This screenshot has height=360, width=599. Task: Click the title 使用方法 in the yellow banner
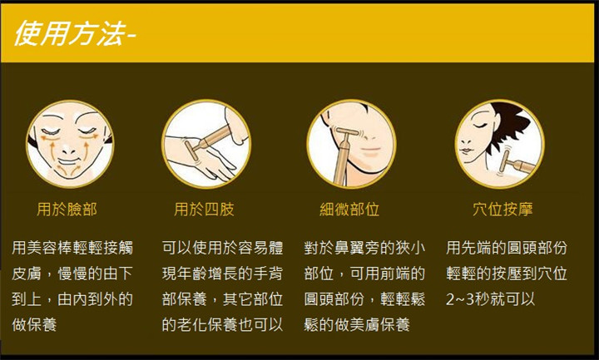pos(70,33)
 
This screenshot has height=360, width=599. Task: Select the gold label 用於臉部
pos(67,210)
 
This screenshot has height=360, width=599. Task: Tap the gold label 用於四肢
pos(204,210)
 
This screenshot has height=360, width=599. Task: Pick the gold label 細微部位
pos(349,210)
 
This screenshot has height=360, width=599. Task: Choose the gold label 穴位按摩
pos(502,210)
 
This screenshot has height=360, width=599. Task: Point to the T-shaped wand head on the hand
pos(191,150)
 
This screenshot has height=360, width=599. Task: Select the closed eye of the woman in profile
pos(478,126)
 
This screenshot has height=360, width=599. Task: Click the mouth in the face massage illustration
pos(69,161)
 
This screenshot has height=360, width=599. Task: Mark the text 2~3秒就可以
pos(490,299)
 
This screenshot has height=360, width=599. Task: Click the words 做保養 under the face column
pos(34,325)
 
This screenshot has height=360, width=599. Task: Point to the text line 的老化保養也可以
pos(222,325)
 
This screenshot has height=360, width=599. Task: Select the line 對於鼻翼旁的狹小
pos(364,248)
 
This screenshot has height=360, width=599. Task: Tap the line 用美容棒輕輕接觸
pos(72,248)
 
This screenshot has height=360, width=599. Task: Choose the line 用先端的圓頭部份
pos(507,248)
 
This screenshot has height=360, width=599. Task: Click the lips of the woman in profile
pos(465,150)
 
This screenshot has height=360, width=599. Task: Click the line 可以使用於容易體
pos(222,248)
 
